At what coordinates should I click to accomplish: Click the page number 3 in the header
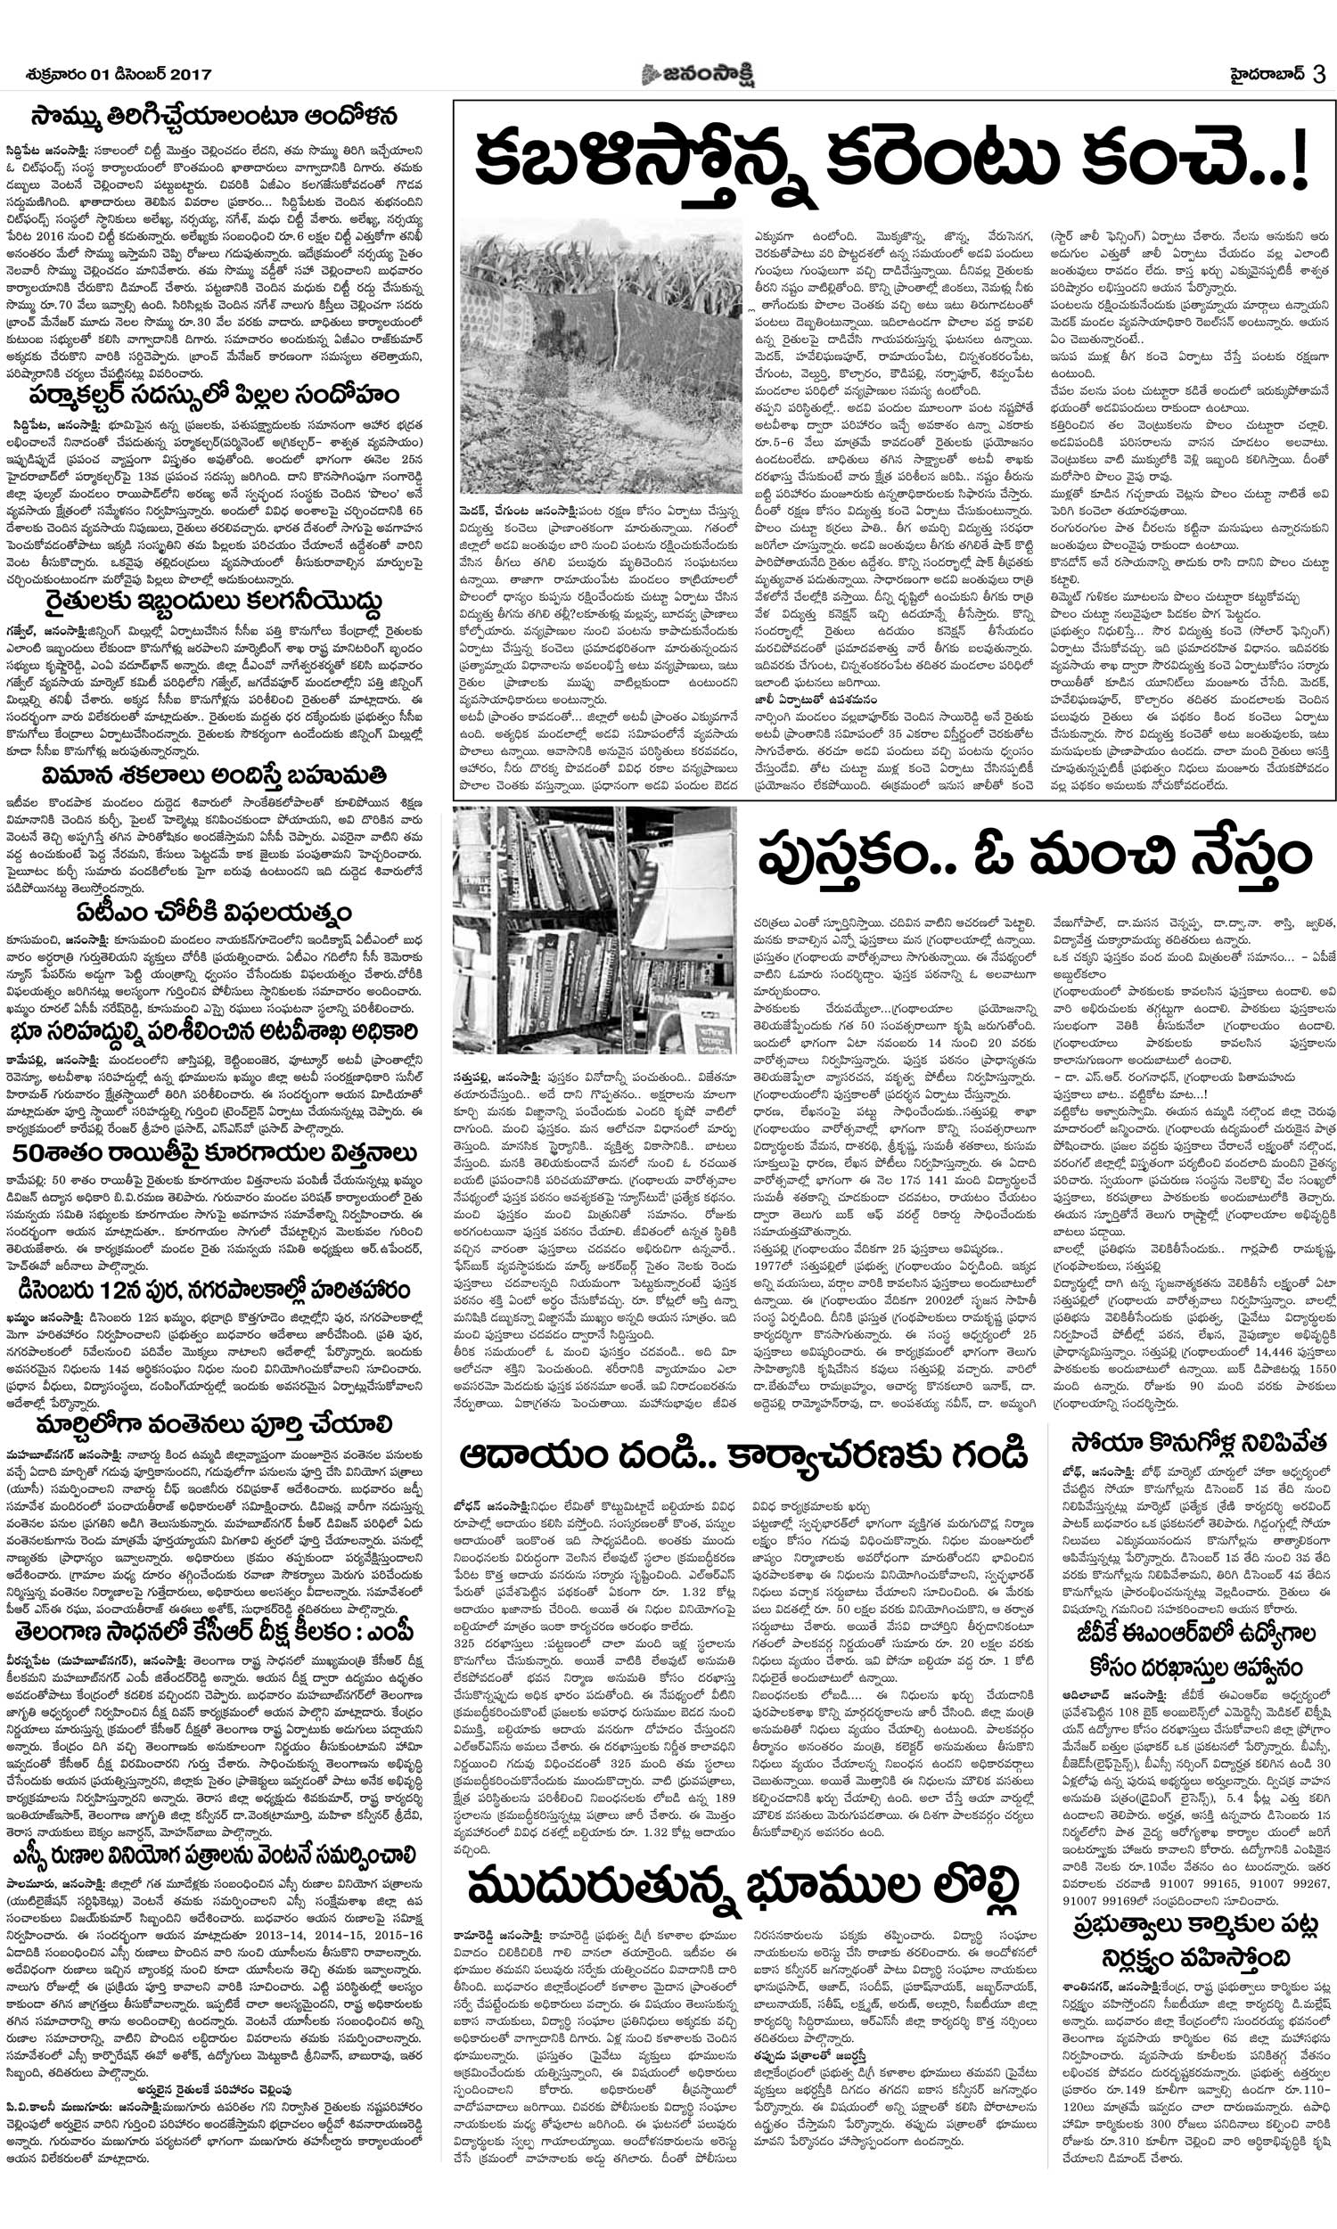coord(1318,75)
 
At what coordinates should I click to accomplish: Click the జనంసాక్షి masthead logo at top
coord(698,75)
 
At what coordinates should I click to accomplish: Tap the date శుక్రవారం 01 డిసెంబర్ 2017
coord(119,76)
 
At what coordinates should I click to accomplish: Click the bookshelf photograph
coord(595,930)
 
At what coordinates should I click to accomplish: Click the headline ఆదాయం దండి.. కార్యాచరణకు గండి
coord(744,1455)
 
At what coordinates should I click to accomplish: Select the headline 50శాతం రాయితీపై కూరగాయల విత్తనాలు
coord(215,1153)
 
